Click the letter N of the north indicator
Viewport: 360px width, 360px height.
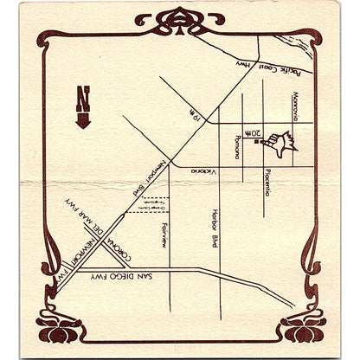(x=82, y=94)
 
